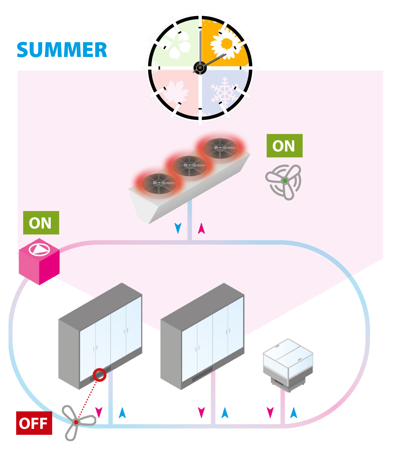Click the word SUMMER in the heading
tap(62, 50)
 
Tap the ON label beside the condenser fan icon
tap(284, 146)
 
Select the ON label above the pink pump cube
tap(41, 223)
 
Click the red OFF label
tap(34, 423)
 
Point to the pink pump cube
tap(39, 262)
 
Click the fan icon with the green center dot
tap(284, 181)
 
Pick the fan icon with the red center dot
tap(77, 422)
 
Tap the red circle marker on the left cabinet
tap(99, 375)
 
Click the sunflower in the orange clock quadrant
tap(226, 44)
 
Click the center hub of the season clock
tap(200, 68)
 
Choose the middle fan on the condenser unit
tap(190, 165)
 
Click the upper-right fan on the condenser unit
tap(220, 148)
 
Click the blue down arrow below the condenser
tap(178, 228)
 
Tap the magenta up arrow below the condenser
tap(201, 228)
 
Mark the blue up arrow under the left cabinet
tap(122, 412)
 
